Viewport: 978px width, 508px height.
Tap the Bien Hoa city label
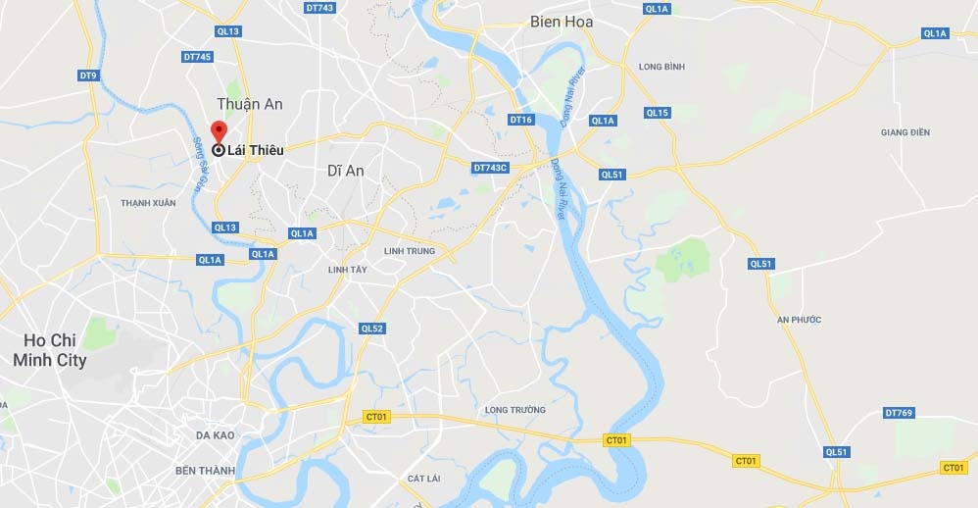pos(561,22)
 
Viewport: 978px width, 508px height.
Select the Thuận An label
pos(249,104)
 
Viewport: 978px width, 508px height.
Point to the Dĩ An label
pos(345,171)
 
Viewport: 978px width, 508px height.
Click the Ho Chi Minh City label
pos(49,350)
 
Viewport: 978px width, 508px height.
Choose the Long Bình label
pos(660,67)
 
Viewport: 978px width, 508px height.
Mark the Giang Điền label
pos(905,132)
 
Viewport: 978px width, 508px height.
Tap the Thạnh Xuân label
pos(148,203)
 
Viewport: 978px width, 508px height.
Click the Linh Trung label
pos(409,251)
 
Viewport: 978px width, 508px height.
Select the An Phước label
pos(799,320)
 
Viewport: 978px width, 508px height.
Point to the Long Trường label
pos(514,410)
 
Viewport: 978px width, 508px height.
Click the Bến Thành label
pos(205,471)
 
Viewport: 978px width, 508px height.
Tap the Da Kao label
pos(215,435)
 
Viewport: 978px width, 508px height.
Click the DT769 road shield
pos(898,413)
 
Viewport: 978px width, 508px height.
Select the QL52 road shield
pos(371,329)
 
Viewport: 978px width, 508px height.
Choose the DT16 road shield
pos(520,120)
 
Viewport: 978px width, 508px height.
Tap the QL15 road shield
pos(657,113)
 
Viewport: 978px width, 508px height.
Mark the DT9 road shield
pos(88,76)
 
